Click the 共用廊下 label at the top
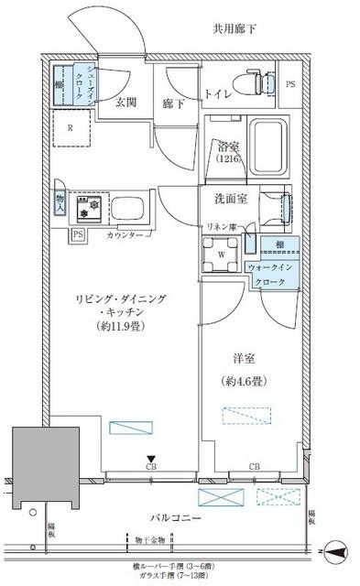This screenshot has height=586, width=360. pos(235,29)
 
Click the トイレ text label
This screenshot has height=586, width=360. pos(217,92)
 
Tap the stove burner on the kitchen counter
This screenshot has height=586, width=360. pos(87,209)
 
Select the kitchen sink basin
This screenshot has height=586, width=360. pos(128,209)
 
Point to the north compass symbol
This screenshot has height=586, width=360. pos(334,552)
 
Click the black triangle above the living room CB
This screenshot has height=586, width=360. pos(149,460)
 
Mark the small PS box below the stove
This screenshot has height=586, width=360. pos(78,234)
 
